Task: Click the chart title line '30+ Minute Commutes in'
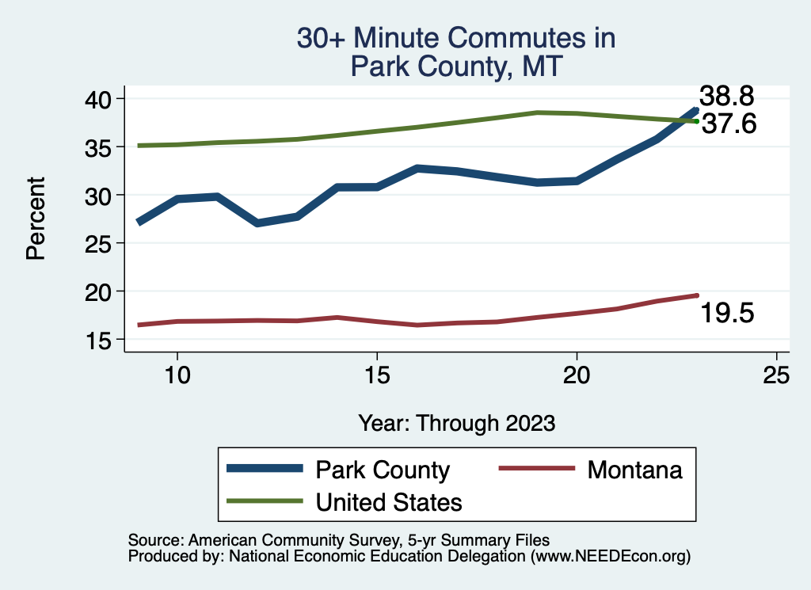click(455, 39)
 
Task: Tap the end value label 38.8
click(725, 97)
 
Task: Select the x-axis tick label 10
click(177, 375)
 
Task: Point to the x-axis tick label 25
click(776, 375)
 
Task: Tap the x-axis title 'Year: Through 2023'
click(456, 423)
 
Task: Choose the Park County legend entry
click(383, 470)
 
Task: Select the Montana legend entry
click(634, 470)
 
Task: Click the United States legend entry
click(389, 501)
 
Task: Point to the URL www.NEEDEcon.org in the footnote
click(609, 557)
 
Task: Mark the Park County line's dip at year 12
click(257, 223)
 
